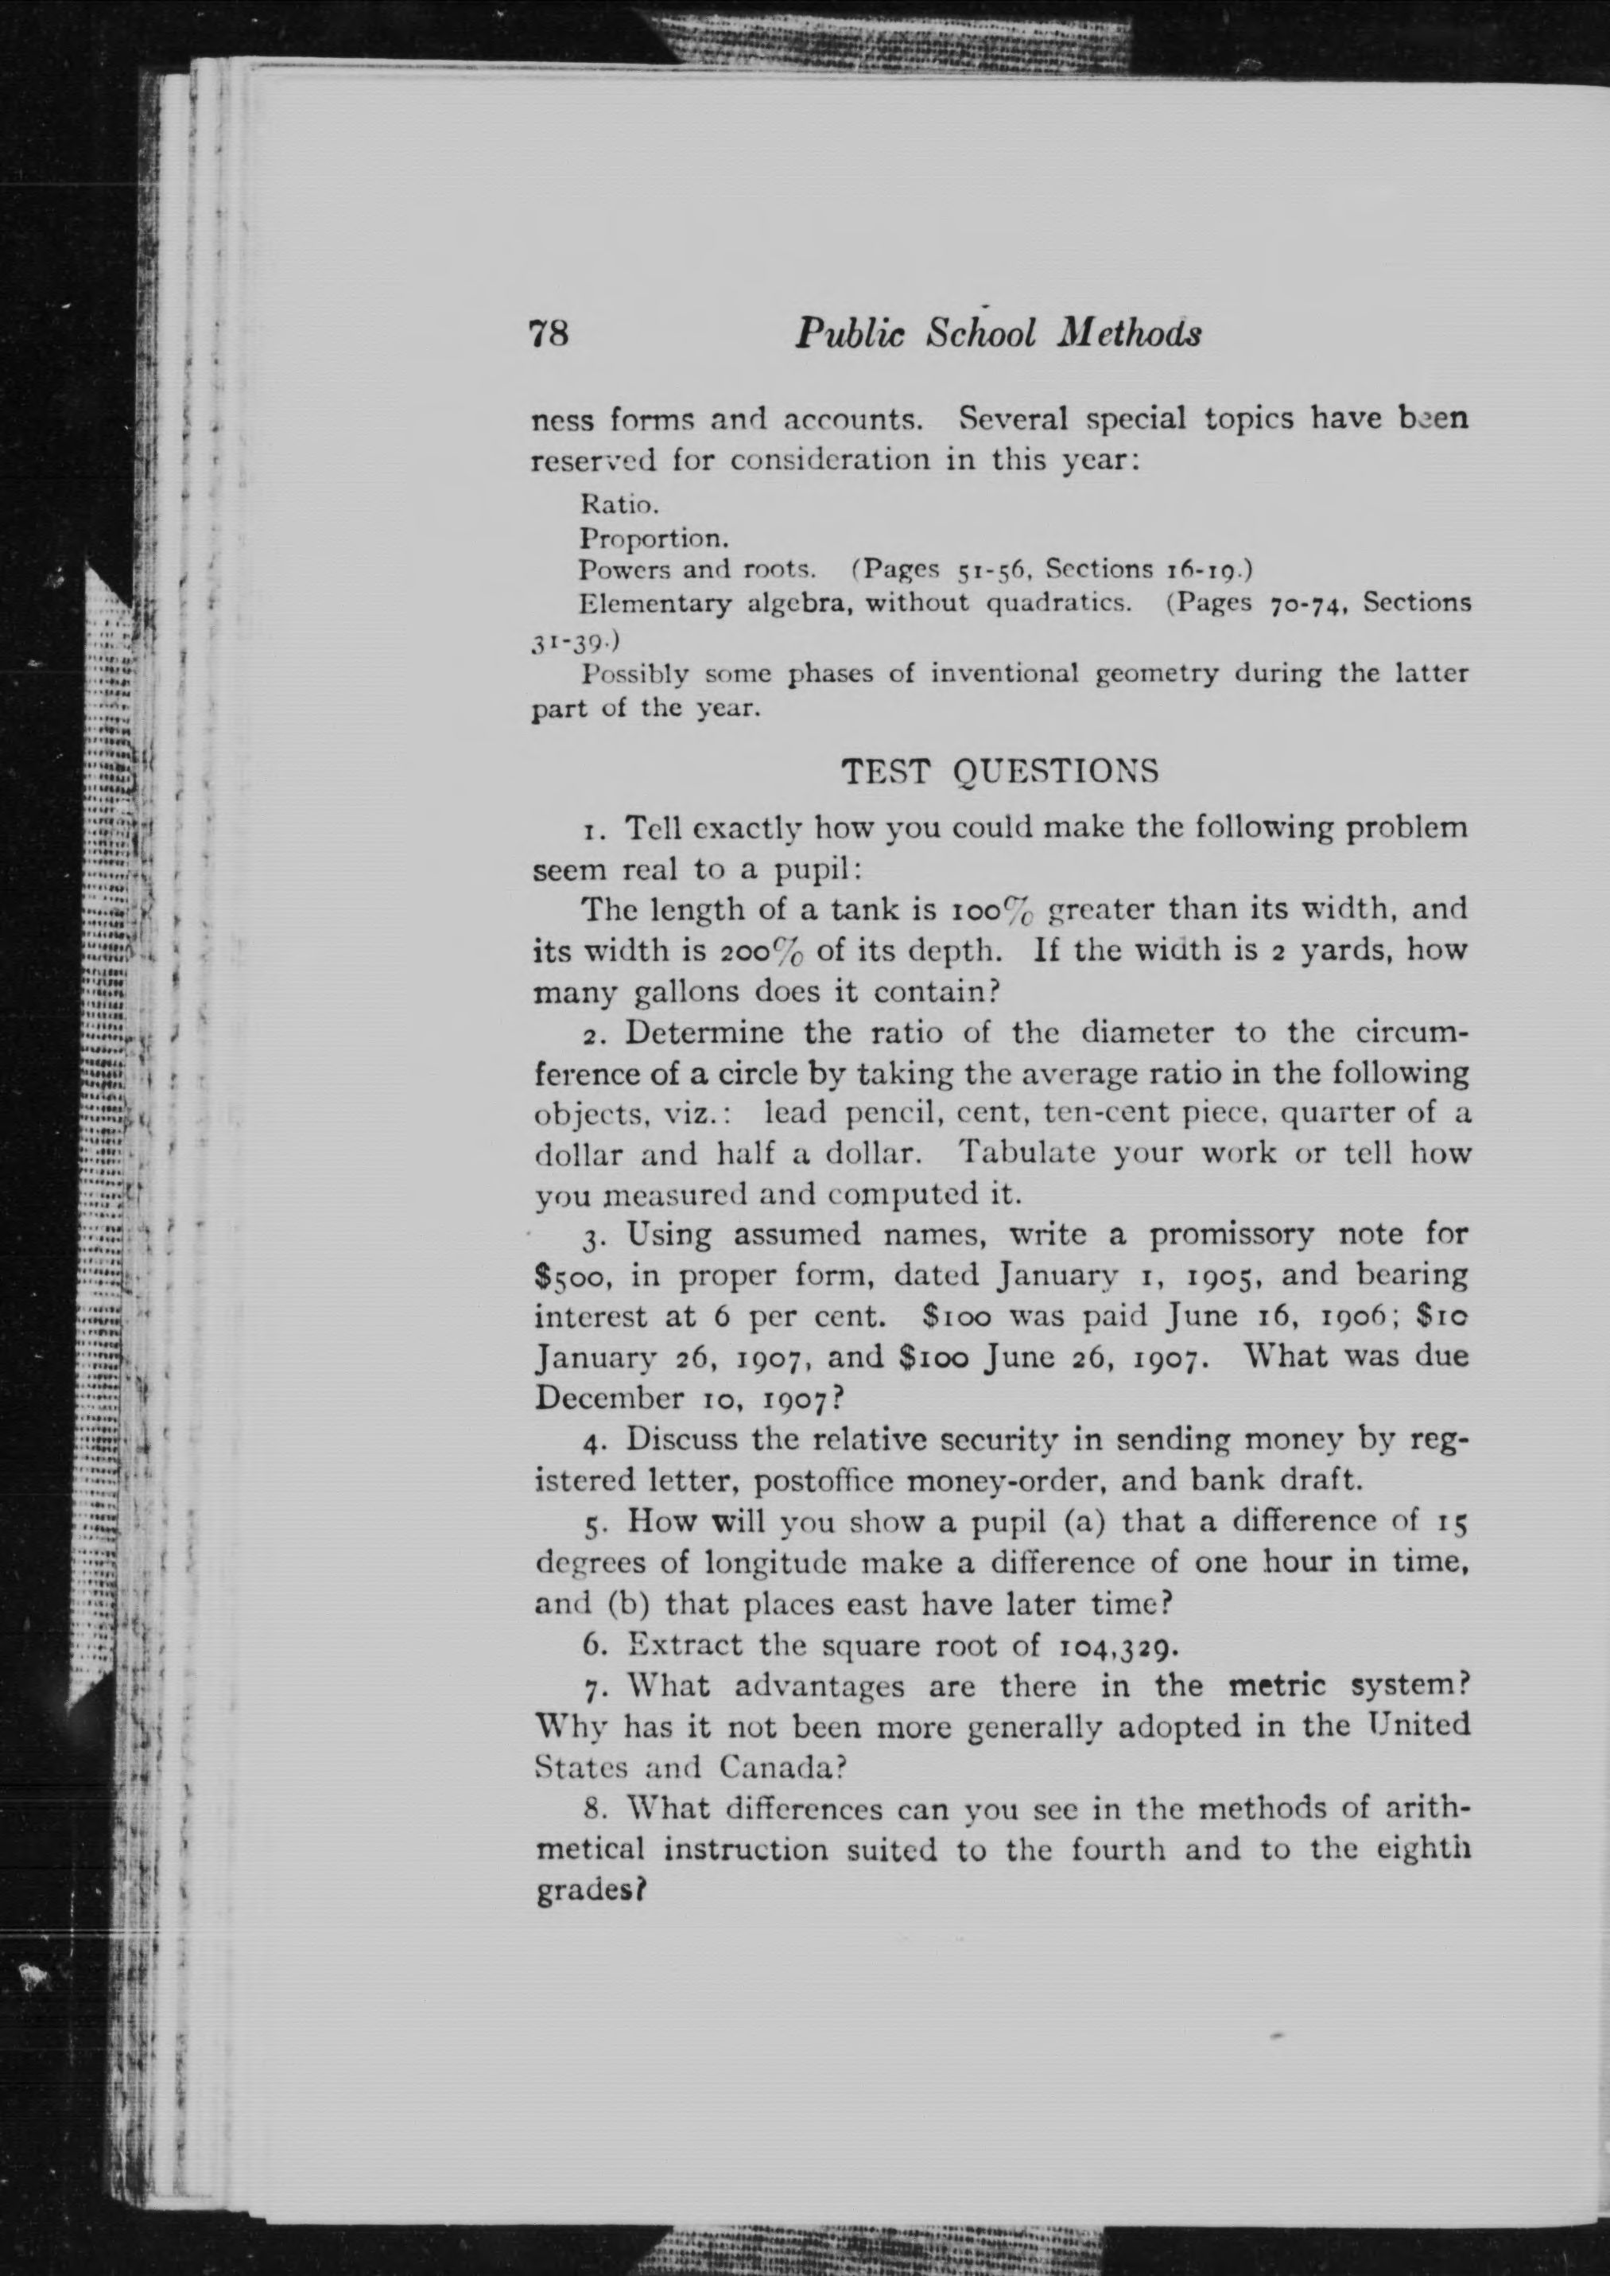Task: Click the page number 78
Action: pyautogui.click(x=550, y=333)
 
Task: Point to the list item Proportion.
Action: pyautogui.click(x=654, y=539)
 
